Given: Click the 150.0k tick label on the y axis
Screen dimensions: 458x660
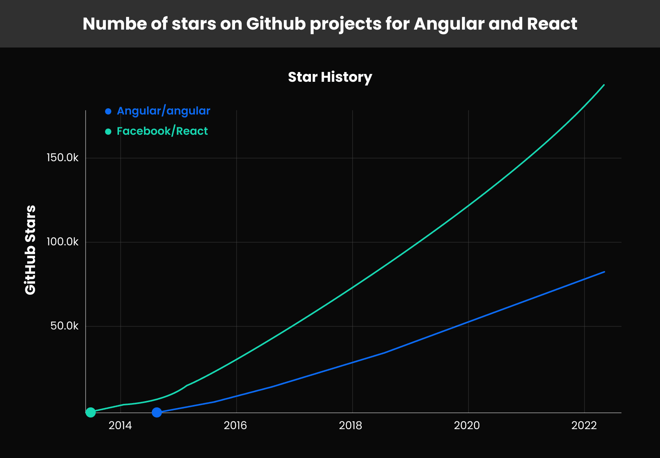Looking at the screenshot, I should [62, 158].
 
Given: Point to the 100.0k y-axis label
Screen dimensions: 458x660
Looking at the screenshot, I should [62, 242].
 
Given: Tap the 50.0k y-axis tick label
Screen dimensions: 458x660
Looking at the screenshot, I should [64, 326].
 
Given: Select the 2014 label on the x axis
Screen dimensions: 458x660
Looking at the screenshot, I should [120, 425].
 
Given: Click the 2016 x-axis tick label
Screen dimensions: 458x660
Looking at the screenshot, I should [235, 425].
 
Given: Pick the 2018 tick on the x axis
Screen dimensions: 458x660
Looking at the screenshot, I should [351, 425].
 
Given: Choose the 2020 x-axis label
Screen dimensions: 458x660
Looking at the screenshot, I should [467, 425].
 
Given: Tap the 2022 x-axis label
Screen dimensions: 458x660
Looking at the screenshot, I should [584, 425].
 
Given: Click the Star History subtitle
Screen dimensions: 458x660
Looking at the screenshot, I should [330, 77].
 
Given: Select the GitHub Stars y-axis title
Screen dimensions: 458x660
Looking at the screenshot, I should [30, 250].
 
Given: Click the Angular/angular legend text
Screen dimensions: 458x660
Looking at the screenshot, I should [163, 111].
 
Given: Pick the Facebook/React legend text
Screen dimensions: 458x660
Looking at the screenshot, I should [162, 131].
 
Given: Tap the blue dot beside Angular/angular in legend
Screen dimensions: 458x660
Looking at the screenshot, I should [108, 111].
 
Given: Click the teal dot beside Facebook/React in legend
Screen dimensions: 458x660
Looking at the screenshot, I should [108, 132].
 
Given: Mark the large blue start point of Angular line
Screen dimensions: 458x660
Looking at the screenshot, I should [157, 412].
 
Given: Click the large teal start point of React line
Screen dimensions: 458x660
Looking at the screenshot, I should [91, 412].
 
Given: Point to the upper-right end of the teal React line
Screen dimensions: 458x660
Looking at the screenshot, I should [604, 85].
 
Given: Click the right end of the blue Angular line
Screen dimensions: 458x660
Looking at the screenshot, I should [604, 272].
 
